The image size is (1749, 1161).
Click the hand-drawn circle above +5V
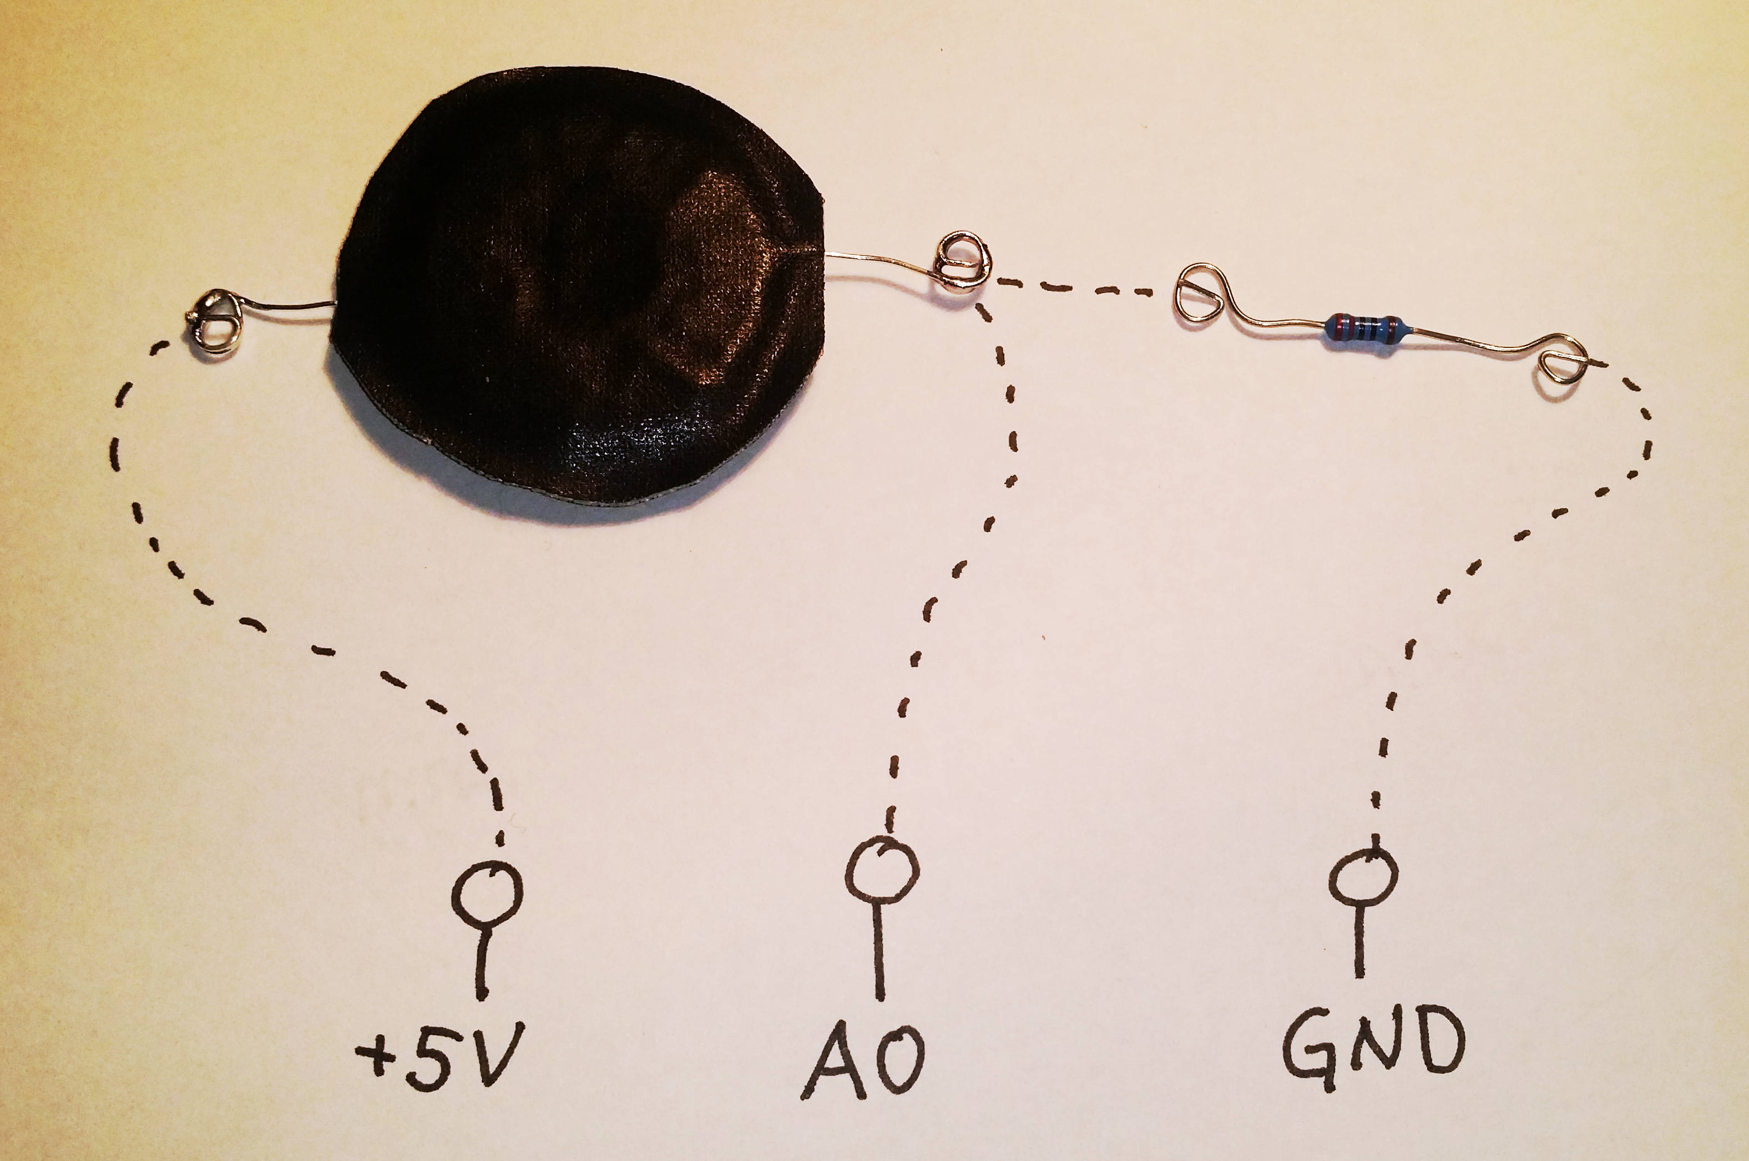pyautogui.click(x=487, y=893)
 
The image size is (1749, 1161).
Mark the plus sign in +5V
pyautogui.click(x=377, y=1054)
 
